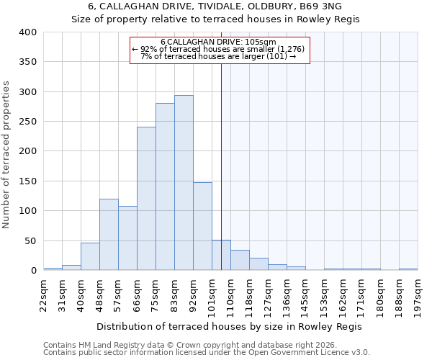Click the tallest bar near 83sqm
click(x=184, y=183)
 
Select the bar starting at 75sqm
click(x=165, y=186)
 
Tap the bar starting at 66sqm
click(x=146, y=199)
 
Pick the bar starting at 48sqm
click(x=109, y=235)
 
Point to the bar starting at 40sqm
click(x=90, y=256)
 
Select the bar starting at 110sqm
click(x=240, y=260)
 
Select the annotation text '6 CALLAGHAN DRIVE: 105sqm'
click(x=219, y=42)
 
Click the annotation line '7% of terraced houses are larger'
click(x=219, y=56)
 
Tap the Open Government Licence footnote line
click(x=206, y=353)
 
